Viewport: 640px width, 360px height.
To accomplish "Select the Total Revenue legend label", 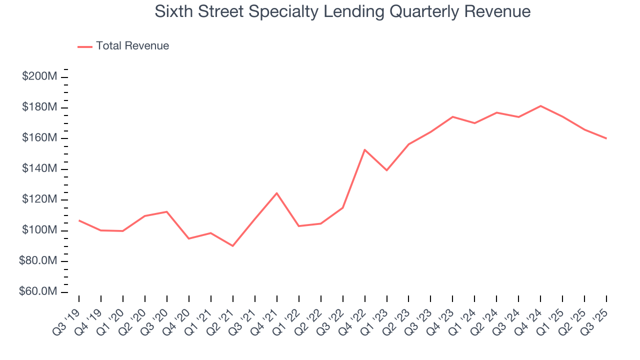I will (x=132, y=46).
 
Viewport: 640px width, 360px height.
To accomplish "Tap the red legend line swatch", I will (x=85, y=46).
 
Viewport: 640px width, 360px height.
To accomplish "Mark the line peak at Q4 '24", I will (x=540, y=106).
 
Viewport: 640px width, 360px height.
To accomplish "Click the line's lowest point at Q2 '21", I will (x=232, y=246).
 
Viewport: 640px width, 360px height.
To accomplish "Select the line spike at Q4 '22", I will (x=364, y=149).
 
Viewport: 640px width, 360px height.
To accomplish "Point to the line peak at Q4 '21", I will (x=276, y=193).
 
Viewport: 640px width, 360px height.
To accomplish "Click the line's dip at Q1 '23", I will (x=386, y=170).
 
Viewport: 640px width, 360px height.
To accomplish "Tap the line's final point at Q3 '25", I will (x=606, y=138).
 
